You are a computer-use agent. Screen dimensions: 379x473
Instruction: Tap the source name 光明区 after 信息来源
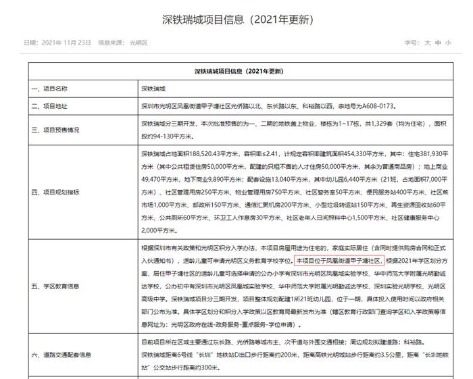pyautogui.click(x=139, y=43)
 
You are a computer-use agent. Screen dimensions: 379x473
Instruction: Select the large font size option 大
pyautogui.click(x=427, y=43)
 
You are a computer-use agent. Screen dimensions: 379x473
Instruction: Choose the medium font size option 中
pyautogui.click(x=438, y=43)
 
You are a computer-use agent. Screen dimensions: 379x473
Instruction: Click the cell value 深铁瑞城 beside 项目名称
pyautogui.click(x=153, y=88)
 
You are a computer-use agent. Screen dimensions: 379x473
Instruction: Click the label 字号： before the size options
pyautogui.click(x=412, y=43)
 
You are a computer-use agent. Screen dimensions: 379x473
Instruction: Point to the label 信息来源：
pyautogui.click(x=112, y=43)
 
